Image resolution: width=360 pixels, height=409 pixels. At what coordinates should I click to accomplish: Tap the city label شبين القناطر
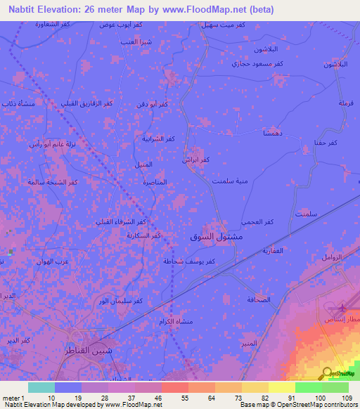coord(94,349)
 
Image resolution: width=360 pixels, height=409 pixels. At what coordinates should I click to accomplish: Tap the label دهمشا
coord(272,133)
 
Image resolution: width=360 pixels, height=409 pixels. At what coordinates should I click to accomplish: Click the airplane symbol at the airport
coord(342,307)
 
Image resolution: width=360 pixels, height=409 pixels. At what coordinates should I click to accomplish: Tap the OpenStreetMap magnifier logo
coord(326,372)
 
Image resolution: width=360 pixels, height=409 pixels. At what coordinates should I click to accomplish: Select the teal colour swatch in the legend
coord(41,387)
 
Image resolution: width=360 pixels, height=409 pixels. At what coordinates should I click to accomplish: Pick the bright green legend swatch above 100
coord(309,387)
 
